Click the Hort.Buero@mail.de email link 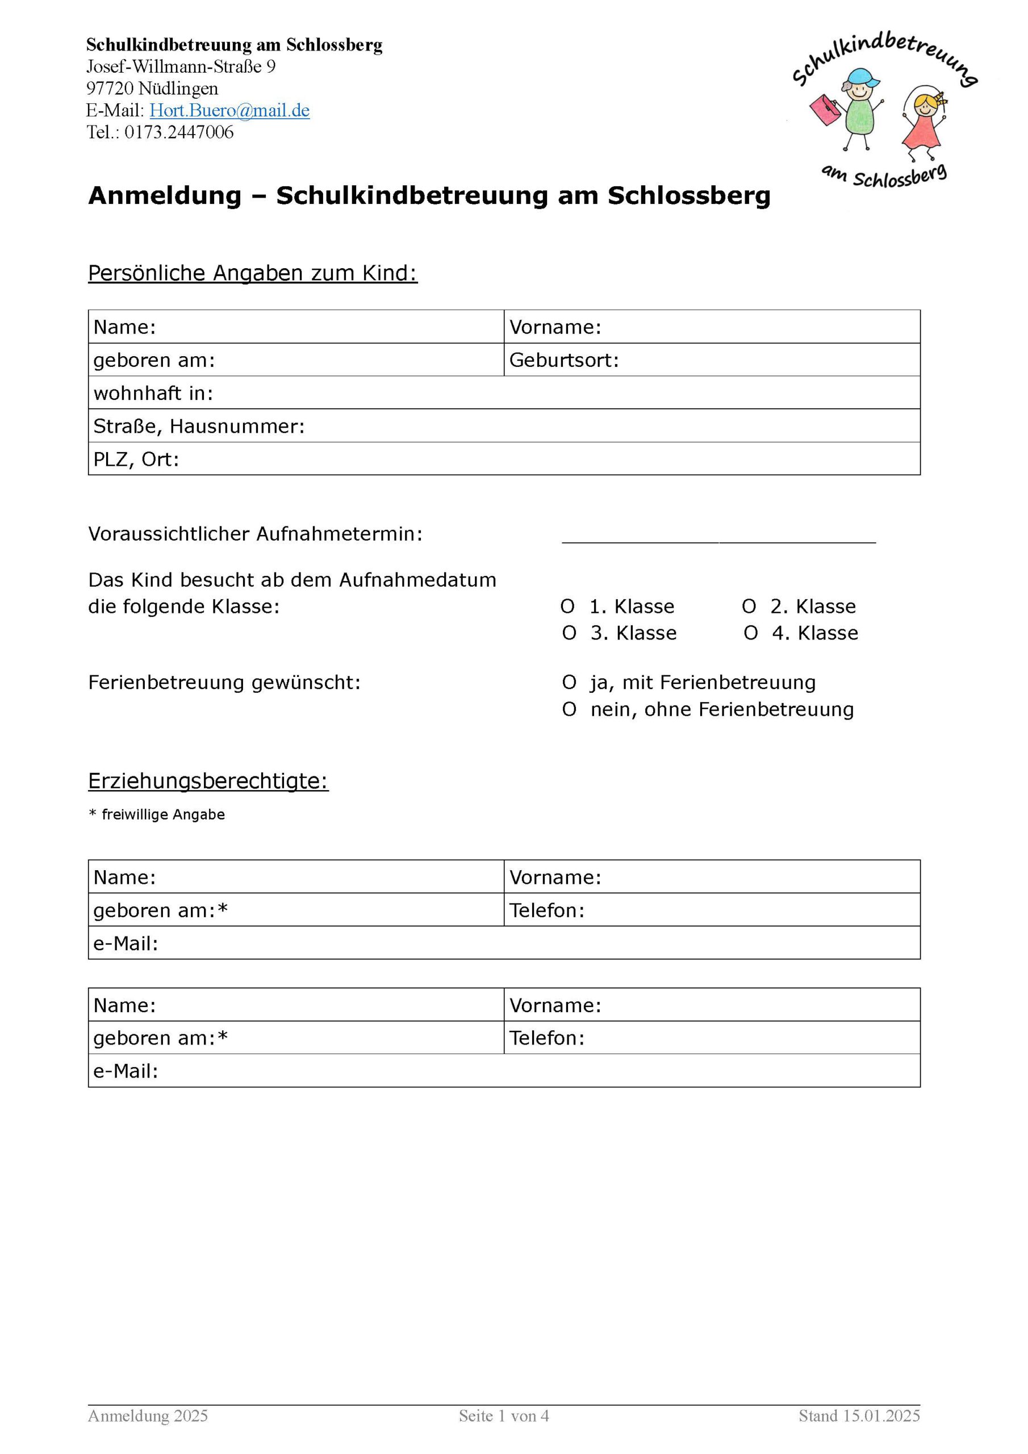[229, 111]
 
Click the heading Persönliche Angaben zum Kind [253, 274]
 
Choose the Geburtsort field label [564, 360]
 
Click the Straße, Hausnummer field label [199, 426]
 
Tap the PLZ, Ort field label [136, 459]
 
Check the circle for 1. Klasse [567, 607]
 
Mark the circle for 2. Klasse [749, 607]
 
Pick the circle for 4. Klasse [751, 633]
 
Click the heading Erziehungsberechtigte [208, 782]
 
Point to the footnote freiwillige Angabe [163, 815]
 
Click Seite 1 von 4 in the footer [504, 1416]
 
